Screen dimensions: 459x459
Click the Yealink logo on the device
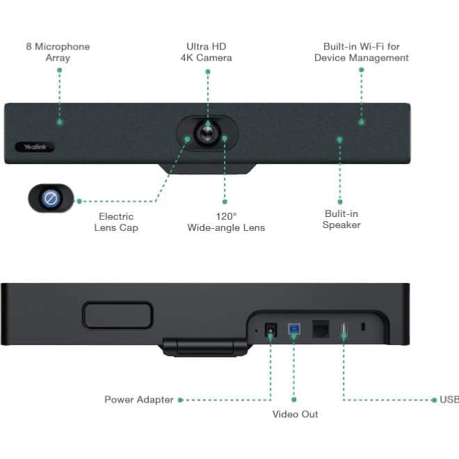[35, 147]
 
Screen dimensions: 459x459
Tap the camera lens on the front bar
[207, 134]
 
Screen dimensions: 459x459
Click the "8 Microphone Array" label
[58, 52]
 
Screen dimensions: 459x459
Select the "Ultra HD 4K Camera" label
[207, 52]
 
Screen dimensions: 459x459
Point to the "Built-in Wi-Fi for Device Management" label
[362, 52]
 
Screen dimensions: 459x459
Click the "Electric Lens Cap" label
[116, 222]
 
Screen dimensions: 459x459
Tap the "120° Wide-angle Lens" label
[226, 222]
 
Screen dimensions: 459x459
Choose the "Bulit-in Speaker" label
[341, 219]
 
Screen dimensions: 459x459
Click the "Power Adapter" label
[139, 400]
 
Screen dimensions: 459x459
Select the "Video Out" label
[295, 414]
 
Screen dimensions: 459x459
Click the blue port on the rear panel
[294, 329]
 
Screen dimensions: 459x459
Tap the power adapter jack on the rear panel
[271, 330]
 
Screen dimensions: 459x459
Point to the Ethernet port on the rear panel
[321, 329]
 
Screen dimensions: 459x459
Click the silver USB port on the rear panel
[344, 329]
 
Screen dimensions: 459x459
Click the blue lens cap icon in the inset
[50, 198]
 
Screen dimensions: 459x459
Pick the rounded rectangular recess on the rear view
[118, 315]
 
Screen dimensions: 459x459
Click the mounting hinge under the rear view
[205, 347]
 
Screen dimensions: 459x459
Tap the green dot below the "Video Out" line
[294, 400]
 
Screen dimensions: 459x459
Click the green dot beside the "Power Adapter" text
[180, 400]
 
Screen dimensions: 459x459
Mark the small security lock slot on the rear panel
[363, 327]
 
